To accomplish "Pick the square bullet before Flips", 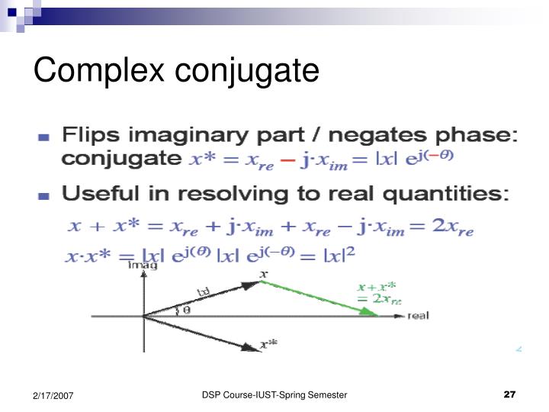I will tap(44, 138).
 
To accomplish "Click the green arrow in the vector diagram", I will tap(320, 298).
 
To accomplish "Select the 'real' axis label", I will tap(418, 316).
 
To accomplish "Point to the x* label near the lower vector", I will tap(268, 344).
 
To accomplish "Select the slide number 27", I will tap(510, 394).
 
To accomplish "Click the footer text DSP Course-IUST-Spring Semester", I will tap(274, 394).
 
